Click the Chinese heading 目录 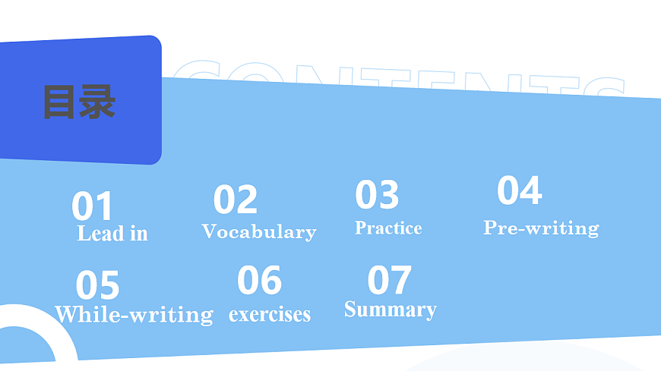tap(79, 102)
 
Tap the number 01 tap(92, 206)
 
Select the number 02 tap(235, 200)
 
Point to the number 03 tap(377, 195)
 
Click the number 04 tap(519, 190)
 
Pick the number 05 tap(97, 286)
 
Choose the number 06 tap(259, 281)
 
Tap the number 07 tap(389, 280)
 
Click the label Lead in tap(112, 234)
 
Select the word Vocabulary tap(258, 231)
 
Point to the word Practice tap(388, 228)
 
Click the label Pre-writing tap(541, 227)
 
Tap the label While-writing tap(134, 314)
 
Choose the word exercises tap(270, 313)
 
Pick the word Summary tap(390, 309)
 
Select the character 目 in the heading tap(59, 102)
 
